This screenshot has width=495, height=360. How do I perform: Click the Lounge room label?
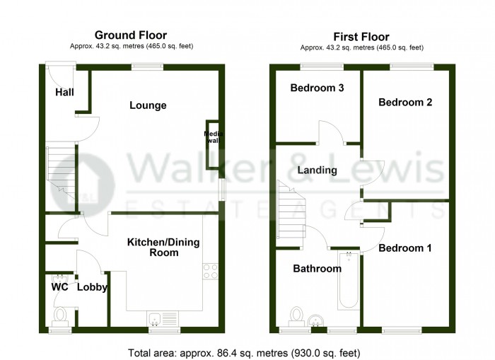(x=148, y=105)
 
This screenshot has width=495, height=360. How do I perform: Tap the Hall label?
(x=64, y=92)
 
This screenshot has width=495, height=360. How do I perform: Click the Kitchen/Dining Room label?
(x=163, y=247)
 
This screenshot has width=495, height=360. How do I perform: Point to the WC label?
(x=59, y=288)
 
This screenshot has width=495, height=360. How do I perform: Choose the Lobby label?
(x=92, y=288)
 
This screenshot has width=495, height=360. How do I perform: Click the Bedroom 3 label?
(x=317, y=88)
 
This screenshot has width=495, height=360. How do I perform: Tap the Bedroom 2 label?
(x=405, y=102)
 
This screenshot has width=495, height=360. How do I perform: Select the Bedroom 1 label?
(x=404, y=248)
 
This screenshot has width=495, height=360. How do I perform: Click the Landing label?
(x=317, y=170)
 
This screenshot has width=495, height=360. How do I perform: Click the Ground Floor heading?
(x=131, y=35)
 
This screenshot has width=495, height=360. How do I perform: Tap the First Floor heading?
(x=361, y=37)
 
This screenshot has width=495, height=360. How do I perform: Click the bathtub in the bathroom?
(x=348, y=283)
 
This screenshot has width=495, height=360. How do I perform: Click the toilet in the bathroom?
(x=297, y=313)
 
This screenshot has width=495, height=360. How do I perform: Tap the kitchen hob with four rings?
(x=210, y=271)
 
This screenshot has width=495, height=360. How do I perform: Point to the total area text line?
(x=244, y=352)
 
